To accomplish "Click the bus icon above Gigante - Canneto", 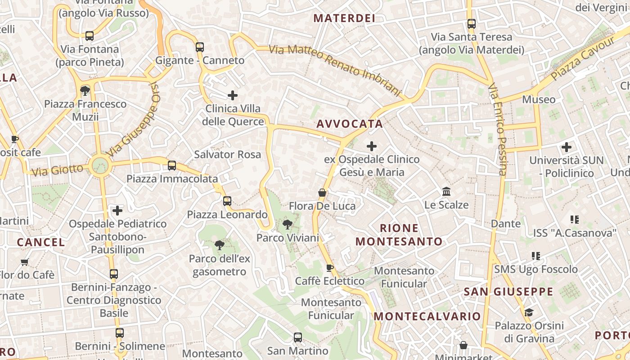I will (200, 47).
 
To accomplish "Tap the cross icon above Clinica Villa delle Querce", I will (233, 95).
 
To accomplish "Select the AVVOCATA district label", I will (350, 124).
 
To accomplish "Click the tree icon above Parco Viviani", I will (287, 225).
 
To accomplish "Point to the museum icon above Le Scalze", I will (446, 192).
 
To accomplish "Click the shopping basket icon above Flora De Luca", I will (322, 193).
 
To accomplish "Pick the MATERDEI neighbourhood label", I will (344, 18).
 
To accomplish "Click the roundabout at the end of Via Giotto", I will (100, 166).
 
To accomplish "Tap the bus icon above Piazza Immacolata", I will (172, 166).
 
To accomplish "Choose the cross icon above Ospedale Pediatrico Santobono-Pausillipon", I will (117, 211).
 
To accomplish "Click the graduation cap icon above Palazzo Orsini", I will (529, 312).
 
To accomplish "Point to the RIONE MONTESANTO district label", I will (399, 235).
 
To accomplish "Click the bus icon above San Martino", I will (297, 337).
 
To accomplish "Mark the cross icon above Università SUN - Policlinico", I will (567, 147).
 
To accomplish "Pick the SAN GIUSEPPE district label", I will (508, 292).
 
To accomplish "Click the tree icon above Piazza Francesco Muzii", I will (85, 91).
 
